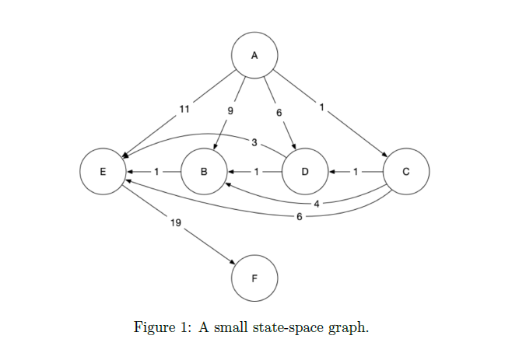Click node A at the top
tap(254, 54)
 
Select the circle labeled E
tap(102, 170)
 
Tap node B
tap(203, 170)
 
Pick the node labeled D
tap(304, 170)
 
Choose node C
tap(405, 170)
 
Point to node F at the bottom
tap(254, 278)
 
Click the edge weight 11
tap(184, 109)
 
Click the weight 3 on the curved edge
tap(254, 142)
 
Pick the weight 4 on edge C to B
tap(317, 204)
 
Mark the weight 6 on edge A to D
tap(279, 113)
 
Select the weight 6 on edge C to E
tap(300, 216)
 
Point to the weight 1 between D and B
tap(255, 170)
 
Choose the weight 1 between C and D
tap(356, 170)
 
